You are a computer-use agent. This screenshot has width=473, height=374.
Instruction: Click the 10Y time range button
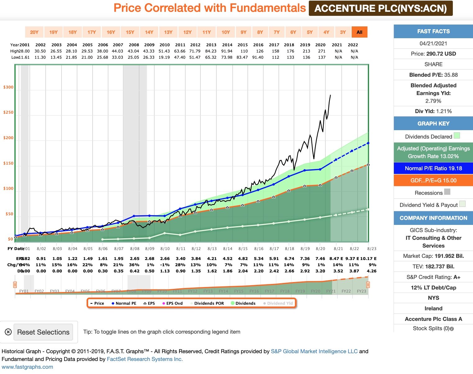point(226,32)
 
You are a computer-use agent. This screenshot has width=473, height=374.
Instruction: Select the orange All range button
point(359,32)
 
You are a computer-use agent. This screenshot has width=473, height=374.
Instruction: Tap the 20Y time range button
point(34,32)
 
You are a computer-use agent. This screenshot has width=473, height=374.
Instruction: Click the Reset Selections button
point(43,332)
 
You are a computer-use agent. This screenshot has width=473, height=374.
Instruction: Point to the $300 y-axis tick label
point(8,87)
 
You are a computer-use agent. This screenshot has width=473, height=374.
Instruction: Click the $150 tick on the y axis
point(8,163)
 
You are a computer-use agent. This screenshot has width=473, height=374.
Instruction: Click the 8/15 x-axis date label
point(243,249)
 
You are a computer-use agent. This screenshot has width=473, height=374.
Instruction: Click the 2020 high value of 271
point(322,51)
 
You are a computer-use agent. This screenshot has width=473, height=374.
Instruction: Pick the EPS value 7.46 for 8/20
point(320,258)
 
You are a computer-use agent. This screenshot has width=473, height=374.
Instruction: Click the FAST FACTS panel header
point(433,31)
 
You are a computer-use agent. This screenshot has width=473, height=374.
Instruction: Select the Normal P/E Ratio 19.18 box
point(433,168)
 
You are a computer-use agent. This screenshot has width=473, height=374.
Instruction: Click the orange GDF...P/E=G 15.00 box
point(433,180)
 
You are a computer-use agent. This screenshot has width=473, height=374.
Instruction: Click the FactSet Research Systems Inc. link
point(145,359)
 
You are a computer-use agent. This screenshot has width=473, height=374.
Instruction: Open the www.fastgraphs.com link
point(27,367)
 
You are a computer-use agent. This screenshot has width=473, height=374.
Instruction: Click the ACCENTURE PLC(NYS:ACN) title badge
point(381,8)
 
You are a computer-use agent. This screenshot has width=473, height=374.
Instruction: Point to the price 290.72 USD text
point(441,54)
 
